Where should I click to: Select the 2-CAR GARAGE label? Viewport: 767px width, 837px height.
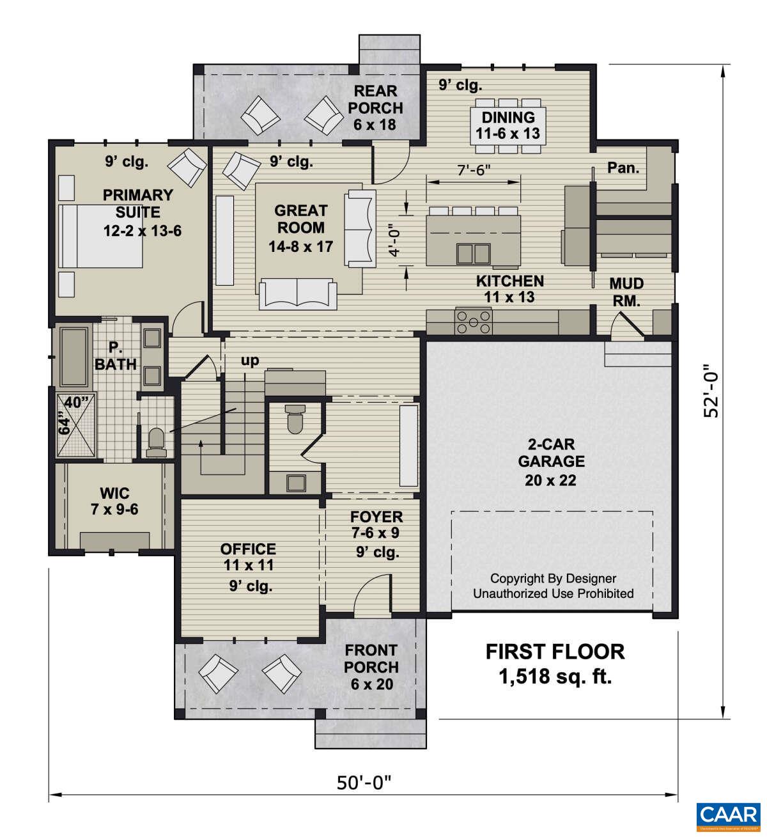551,462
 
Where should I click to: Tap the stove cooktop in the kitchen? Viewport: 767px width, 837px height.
473,322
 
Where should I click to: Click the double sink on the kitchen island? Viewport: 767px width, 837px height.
473,253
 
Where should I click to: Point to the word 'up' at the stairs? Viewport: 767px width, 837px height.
250,361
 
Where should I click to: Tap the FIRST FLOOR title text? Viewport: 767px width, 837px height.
555,652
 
